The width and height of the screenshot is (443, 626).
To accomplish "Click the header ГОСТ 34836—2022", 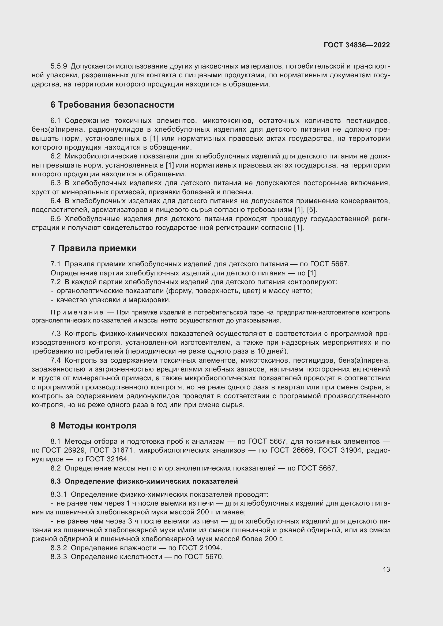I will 356,45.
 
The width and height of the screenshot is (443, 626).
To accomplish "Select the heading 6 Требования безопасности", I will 112,105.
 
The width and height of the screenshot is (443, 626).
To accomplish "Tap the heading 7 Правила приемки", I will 93,248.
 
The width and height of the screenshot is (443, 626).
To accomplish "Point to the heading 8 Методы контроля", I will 93,425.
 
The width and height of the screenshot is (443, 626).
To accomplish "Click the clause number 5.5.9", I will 59,66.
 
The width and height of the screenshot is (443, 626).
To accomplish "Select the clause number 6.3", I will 56,183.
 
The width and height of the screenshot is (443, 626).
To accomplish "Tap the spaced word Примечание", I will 77,312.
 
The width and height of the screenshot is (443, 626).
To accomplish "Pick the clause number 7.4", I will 56,361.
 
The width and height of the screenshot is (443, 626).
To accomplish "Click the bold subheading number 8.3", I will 56,481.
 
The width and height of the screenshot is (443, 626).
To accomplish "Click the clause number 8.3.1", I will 59,495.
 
